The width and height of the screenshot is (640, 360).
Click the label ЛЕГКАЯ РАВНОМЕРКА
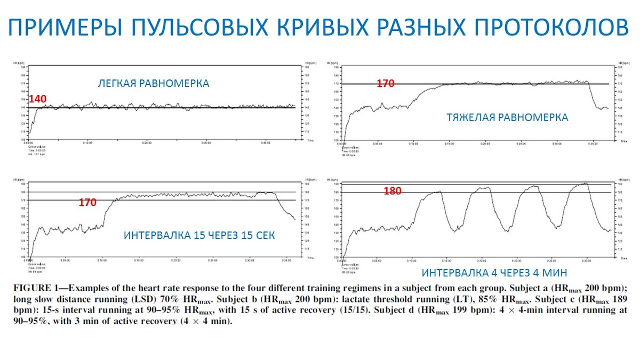[153, 84]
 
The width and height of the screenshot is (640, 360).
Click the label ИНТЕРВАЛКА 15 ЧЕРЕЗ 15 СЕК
[199, 235]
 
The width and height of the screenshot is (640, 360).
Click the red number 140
[38, 99]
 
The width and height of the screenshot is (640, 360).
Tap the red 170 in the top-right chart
[385, 84]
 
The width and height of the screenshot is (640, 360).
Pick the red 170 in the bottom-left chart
[87, 203]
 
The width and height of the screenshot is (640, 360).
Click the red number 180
[392, 191]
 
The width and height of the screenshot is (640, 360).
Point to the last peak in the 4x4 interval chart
[586, 183]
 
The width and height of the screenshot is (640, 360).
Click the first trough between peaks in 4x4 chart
[454, 230]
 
